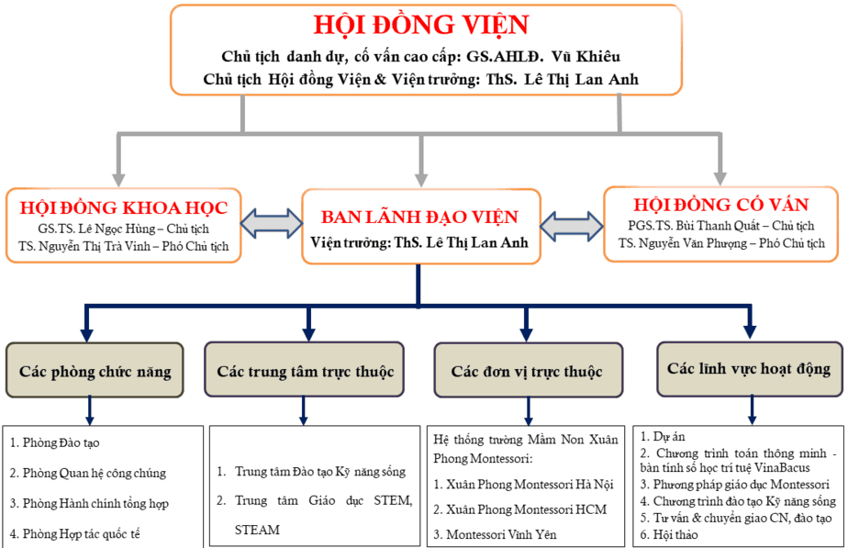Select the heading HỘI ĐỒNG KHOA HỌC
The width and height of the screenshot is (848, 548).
click(123, 204)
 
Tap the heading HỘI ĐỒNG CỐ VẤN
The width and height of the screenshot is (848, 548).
click(720, 204)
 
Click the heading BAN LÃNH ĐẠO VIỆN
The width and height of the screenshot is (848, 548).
click(419, 218)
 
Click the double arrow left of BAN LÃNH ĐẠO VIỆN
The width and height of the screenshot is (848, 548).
click(272, 223)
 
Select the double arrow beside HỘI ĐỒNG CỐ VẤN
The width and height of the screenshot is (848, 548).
click(572, 223)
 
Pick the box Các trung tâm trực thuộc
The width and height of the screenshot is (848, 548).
click(306, 372)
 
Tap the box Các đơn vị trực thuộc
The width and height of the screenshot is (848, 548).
click(527, 372)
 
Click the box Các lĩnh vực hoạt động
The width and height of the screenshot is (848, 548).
click(749, 369)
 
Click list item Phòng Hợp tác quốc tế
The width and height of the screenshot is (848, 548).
click(75, 533)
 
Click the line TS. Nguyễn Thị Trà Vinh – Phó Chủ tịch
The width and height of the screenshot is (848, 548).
click(123, 246)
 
